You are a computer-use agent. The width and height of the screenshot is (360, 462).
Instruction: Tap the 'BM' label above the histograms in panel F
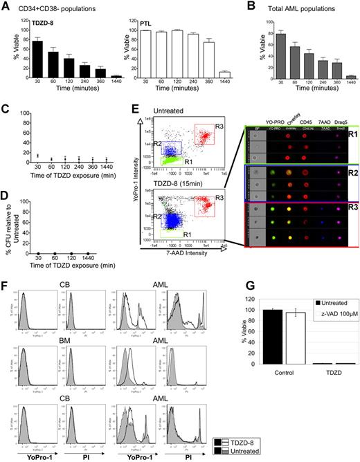(x=60, y=326)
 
